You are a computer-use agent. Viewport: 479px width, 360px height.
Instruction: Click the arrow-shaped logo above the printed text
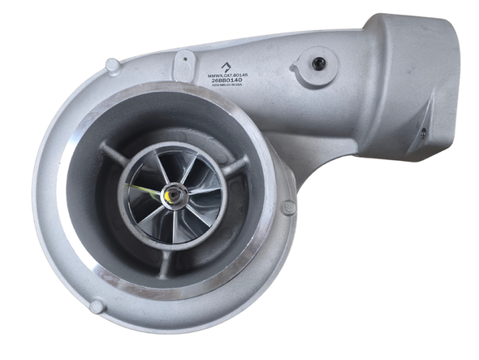(x=225, y=67)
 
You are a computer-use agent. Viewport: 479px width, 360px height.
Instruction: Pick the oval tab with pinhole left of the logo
(x=185, y=61)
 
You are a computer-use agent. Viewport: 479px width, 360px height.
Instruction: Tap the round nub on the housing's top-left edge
(x=114, y=64)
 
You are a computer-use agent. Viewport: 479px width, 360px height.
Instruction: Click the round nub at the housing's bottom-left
(x=97, y=306)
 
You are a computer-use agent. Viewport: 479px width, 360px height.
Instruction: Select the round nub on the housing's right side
(x=288, y=208)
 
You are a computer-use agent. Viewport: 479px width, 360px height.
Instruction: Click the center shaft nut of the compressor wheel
(x=173, y=195)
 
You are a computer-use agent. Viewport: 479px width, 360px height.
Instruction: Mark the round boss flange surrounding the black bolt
(x=313, y=67)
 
